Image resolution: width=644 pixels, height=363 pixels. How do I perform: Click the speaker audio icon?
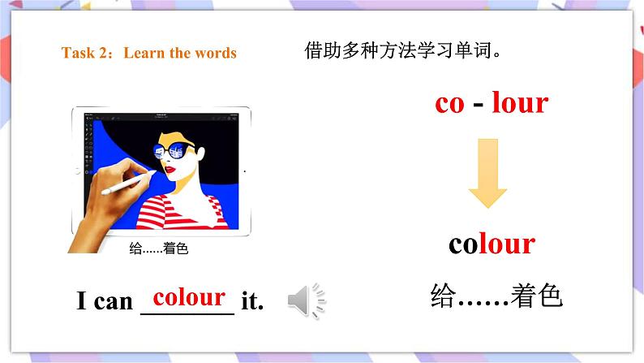click(307, 301)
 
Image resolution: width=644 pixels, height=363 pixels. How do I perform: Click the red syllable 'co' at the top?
click(449, 103)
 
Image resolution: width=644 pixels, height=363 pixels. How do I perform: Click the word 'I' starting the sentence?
click(81, 302)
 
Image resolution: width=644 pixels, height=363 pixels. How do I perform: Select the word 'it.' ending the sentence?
click(253, 302)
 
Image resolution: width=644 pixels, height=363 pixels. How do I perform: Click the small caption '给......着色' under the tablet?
click(159, 249)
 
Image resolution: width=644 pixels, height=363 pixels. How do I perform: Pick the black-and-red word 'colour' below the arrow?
click(492, 243)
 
